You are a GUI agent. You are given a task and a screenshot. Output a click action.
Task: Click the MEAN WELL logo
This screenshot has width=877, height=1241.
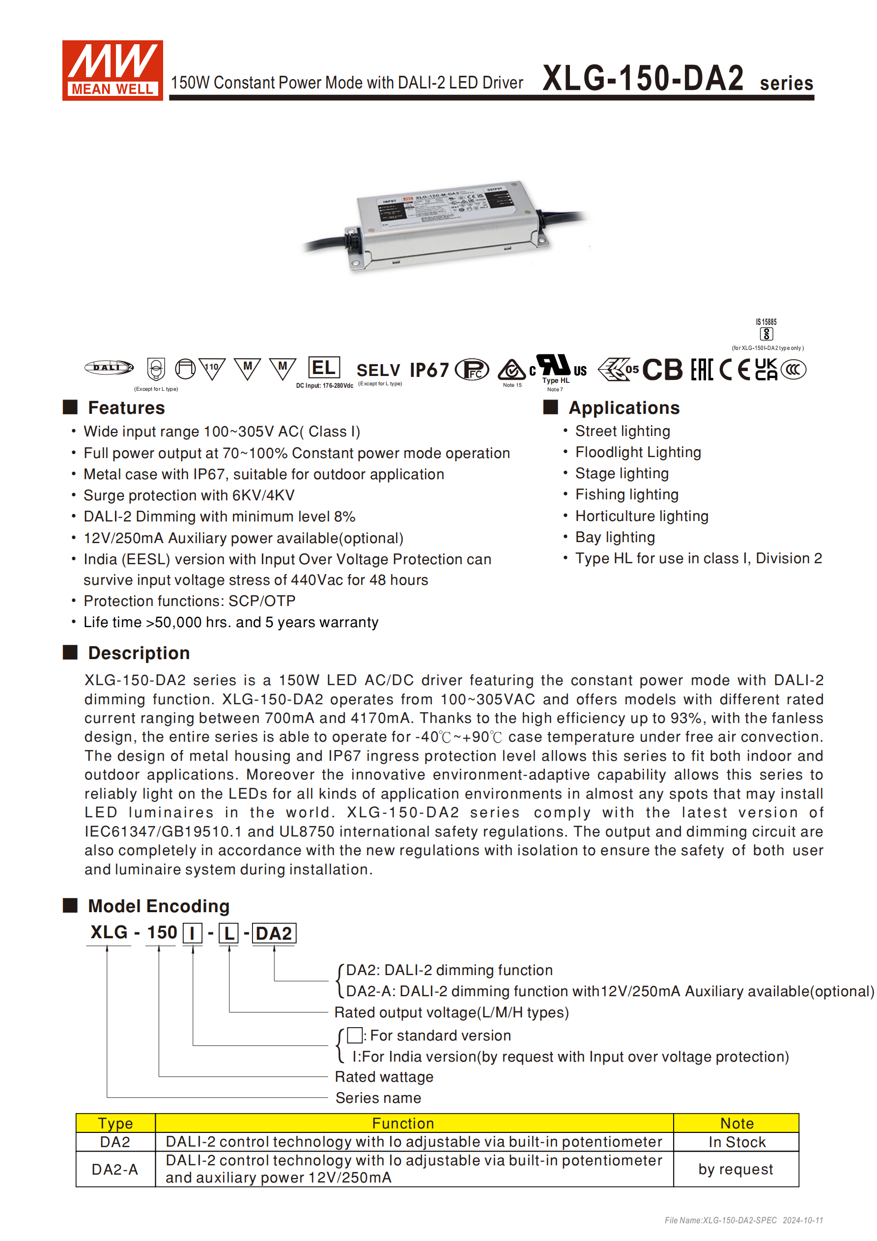pyautogui.click(x=112, y=70)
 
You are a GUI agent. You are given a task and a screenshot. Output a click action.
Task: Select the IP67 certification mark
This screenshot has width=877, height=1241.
pyautogui.click(x=429, y=370)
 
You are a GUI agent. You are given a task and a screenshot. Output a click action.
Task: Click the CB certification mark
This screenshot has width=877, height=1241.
pyautogui.click(x=662, y=370)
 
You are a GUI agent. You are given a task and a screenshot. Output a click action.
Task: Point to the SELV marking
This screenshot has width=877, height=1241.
pyautogui.click(x=378, y=370)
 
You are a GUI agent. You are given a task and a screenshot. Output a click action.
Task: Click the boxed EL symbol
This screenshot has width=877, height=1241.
pyautogui.click(x=324, y=368)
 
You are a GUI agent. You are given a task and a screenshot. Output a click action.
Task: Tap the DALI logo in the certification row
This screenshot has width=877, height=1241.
pyautogui.click(x=109, y=368)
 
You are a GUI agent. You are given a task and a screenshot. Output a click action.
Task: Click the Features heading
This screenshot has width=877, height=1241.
pyautogui.click(x=126, y=407)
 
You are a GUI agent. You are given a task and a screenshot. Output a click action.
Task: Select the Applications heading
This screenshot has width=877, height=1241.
pyautogui.click(x=623, y=407)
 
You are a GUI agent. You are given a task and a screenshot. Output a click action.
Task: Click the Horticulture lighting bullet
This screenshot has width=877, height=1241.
pyautogui.click(x=641, y=516)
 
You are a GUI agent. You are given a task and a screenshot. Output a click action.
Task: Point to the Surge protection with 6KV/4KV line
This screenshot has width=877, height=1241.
pyautogui.click(x=189, y=495)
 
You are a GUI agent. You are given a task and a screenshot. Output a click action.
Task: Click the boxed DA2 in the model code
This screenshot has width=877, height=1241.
pyautogui.click(x=274, y=933)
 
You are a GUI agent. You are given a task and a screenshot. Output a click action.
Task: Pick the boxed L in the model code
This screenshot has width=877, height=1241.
pyautogui.click(x=228, y=933)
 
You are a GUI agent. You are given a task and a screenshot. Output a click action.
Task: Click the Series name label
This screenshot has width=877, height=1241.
pyautogui.click(x=378, y=1098)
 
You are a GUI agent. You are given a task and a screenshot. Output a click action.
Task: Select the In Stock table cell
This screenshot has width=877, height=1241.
pyautogui.click(x=736, y=1142)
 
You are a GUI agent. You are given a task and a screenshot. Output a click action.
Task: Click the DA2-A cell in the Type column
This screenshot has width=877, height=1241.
pyautogui.click(x=115, y=1169)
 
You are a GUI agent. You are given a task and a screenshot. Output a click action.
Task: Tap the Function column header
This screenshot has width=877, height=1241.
pyautogui.click(x=402, y=1123)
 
